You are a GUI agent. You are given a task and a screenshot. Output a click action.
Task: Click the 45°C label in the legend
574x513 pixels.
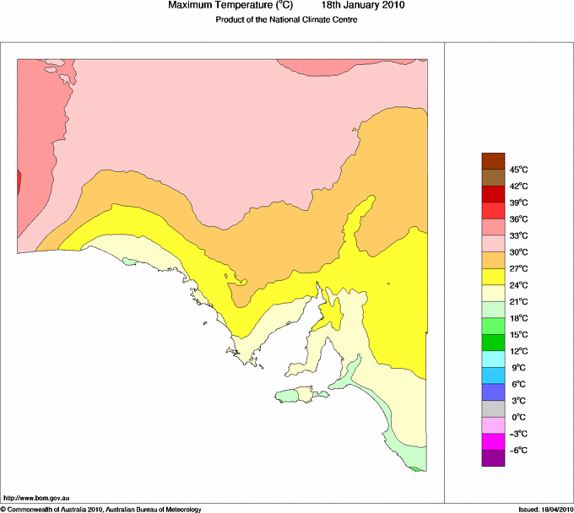[518, 169]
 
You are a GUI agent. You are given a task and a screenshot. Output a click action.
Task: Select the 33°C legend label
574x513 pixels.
[518, 235]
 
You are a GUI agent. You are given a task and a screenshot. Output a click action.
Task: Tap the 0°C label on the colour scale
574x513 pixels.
[518, 417]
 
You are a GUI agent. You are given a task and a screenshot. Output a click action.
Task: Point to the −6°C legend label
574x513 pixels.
[517, 450]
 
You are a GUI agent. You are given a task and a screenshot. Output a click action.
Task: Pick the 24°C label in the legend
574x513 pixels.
[518, 284]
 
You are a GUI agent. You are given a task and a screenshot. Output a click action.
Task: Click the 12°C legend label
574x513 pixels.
[518, 351]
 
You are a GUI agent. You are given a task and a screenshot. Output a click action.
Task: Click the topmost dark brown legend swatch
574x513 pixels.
[492, 160]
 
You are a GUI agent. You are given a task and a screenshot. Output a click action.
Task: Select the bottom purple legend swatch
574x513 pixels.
[492, 458]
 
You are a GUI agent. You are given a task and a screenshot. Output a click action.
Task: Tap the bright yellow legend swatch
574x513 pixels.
[492, 276]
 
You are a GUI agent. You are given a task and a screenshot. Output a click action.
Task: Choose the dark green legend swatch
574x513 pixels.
[492, 343]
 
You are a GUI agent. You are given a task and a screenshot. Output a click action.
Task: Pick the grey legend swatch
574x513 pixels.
[492, 408]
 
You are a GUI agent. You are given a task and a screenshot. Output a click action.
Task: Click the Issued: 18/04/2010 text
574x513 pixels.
[545, 509]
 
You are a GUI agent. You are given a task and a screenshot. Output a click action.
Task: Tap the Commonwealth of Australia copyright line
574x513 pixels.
[101, 509]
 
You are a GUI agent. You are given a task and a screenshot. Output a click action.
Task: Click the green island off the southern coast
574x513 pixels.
[296, 395]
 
